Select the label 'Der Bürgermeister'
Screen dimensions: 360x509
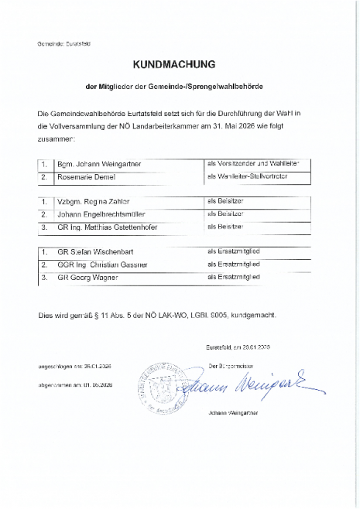click(x=231, y=364)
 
